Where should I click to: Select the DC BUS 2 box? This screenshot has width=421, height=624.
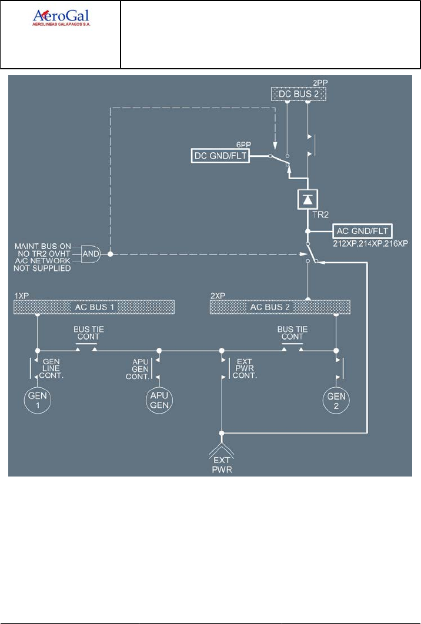click(298, 94)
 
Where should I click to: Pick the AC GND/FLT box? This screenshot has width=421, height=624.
click(362, 230)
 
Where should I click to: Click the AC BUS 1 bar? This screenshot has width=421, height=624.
click(95, 307)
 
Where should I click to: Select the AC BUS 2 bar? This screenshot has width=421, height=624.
click(280, 307)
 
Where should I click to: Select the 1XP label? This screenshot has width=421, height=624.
click(21, 296)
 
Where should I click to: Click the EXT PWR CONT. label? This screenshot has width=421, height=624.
click(245, 368)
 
